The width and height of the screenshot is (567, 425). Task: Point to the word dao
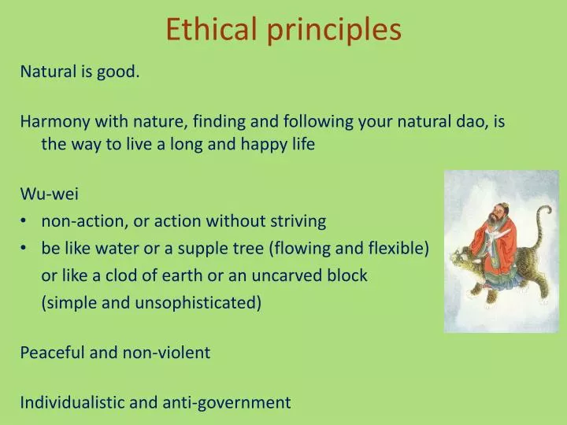(465, 122)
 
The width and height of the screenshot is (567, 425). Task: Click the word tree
(247, 249)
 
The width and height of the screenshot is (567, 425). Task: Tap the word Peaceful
(52, 353)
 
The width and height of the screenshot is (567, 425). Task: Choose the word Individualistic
(72, 403)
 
